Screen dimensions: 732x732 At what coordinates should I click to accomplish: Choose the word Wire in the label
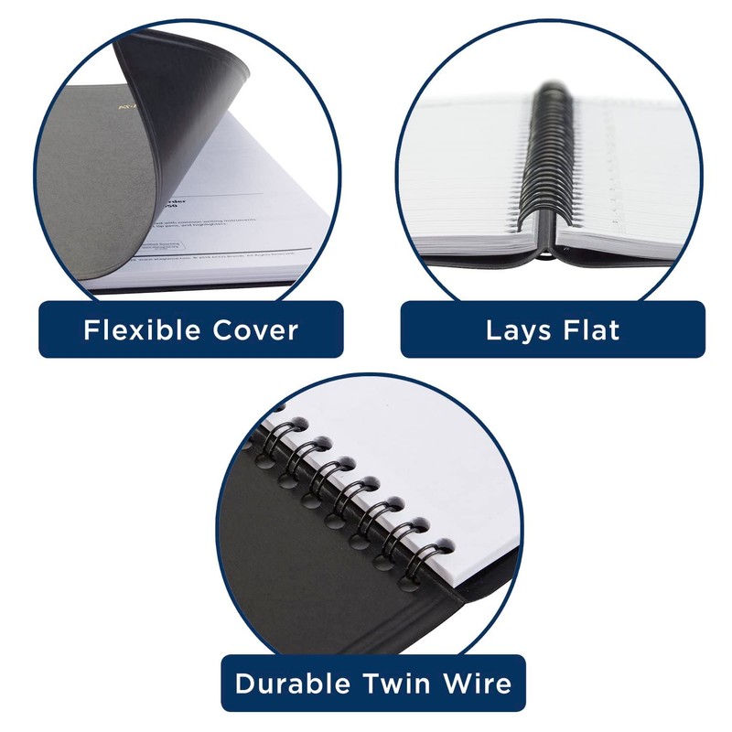pos(477,684)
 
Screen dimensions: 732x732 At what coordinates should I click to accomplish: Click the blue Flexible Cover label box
pos(190,329)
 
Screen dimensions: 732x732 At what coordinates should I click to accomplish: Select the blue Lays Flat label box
pos(553,329)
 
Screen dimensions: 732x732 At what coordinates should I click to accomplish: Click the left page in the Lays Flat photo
pos(476,183)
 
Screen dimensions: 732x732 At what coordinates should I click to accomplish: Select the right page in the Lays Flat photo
pos(631,183)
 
